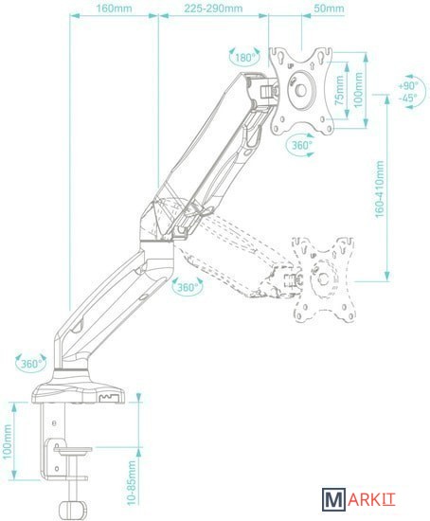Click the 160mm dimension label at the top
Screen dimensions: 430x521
coord(114,8)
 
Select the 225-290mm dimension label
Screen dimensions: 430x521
coord(213,8)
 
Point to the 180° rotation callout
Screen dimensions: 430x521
coord(245,58)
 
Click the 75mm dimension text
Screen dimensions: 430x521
coord(339,90)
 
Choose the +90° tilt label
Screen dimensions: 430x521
coord(407,85)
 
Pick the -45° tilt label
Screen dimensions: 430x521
coord(407,98)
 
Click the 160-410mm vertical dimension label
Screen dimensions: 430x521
coord(380,189)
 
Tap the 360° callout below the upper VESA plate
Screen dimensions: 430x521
coord(302,145)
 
